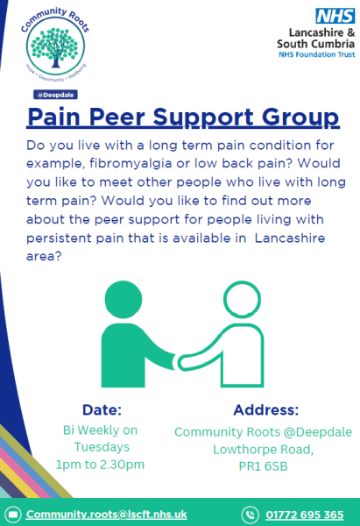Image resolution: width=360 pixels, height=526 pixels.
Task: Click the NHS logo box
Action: click(335, 16)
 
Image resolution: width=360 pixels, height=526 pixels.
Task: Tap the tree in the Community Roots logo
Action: click(55, 47)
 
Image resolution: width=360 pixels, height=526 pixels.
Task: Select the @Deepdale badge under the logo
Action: click(56, 95)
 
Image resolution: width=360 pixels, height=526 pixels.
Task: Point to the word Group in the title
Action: click(300, 118)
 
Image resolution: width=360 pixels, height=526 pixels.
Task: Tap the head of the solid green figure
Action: click(124, 299)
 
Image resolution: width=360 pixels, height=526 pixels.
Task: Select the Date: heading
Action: click(102, 410)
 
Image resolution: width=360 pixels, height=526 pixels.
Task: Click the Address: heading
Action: click(266, 410)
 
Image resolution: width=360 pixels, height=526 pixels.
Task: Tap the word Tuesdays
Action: click(102, 447)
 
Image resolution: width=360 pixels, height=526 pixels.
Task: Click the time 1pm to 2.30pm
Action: click(100, 465)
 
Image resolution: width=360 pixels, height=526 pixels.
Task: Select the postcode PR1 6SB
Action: click(263, 466)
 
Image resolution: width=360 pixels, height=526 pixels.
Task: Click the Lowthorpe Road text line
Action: click(263, 450)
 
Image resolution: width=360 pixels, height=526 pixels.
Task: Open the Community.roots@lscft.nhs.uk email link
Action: click(107, 515)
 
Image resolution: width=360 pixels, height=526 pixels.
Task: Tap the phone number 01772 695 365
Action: click(305, 515)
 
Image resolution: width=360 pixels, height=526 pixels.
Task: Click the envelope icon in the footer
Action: click(13, 515)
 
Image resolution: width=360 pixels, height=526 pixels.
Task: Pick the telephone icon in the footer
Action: click(250, 515)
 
